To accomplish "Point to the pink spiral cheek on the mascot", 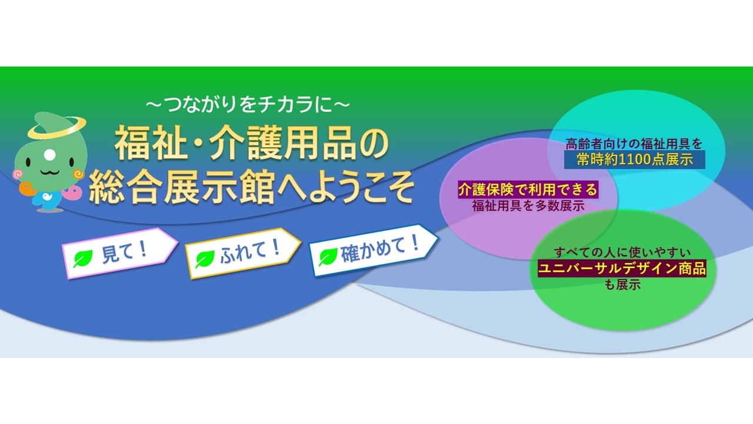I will point(17,174).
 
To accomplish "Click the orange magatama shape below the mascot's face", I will point(26,188).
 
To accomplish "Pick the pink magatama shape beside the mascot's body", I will point(72,192).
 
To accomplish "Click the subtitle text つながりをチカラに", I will point(248,105).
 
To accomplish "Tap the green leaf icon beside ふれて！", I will point(205,259).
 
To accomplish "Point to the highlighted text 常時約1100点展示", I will point(634,160).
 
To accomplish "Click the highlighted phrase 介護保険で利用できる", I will point(528,190).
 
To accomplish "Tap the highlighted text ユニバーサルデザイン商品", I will point(622,269).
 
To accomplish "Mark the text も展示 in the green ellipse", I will point(622,285).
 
